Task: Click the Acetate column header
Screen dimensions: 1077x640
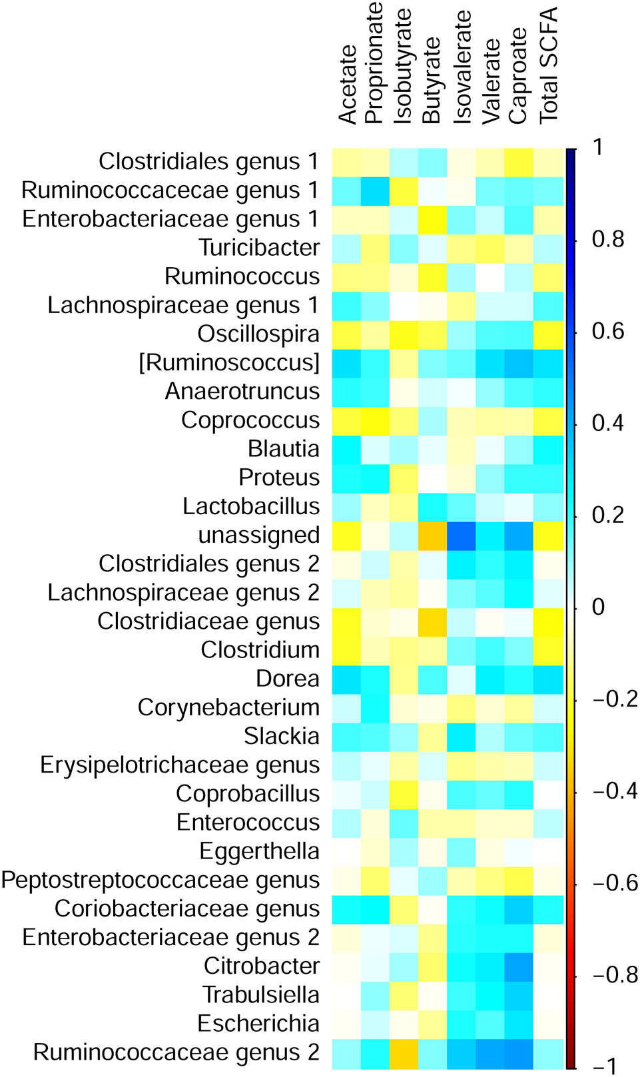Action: coord(348,85)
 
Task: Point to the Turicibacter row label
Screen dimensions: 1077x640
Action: coord(259,248)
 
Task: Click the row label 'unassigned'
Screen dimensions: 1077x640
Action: coord(259,535)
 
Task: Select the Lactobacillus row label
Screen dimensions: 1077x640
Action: coord(251,506)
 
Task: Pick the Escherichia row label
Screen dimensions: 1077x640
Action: coord(258,1023)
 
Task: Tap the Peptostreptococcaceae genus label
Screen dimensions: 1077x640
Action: coord(160,880)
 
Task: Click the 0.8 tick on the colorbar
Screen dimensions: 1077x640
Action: coord(608,239)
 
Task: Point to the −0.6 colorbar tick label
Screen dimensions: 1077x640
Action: coord(615,883)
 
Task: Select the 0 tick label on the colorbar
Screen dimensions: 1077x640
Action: coord(598,607)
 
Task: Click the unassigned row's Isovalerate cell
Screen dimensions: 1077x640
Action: coord(462,535)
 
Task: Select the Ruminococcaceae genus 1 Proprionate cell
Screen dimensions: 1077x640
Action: coord(376,190)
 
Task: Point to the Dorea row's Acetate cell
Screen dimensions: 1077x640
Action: coord(346,679)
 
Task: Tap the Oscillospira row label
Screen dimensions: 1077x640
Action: coord(258,334)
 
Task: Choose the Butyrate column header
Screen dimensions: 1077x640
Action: coord(432,81)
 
